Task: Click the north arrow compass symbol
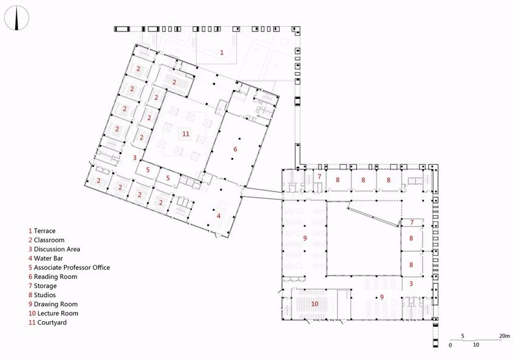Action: tap(17, 18)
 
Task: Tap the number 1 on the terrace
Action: tap(222, 52)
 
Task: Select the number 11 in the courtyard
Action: tap(186, 134)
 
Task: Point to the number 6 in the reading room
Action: tap(235, 149)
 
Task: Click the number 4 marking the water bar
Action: tap(219, 216)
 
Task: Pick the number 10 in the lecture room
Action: tap(315, 304)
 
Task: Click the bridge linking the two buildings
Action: tap(262, 193)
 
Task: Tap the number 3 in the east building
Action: tap(411, 284)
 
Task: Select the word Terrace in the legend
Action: tap(44, 231)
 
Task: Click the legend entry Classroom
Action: tap(49, 240)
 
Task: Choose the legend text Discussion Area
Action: tap(57, 249)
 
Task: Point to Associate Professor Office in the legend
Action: tap(72, 268)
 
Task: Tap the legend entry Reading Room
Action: tap(56, 277)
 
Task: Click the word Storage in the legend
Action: tap(45, 286)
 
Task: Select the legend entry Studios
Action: tap(45, 295)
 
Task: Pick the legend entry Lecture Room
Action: tap(58, 313)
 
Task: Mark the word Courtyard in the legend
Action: tap(52, 322)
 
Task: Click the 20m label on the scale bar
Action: tap(505, 336)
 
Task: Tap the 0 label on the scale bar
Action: tap(451, 345)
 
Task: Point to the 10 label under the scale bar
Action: tap(476, 345)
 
